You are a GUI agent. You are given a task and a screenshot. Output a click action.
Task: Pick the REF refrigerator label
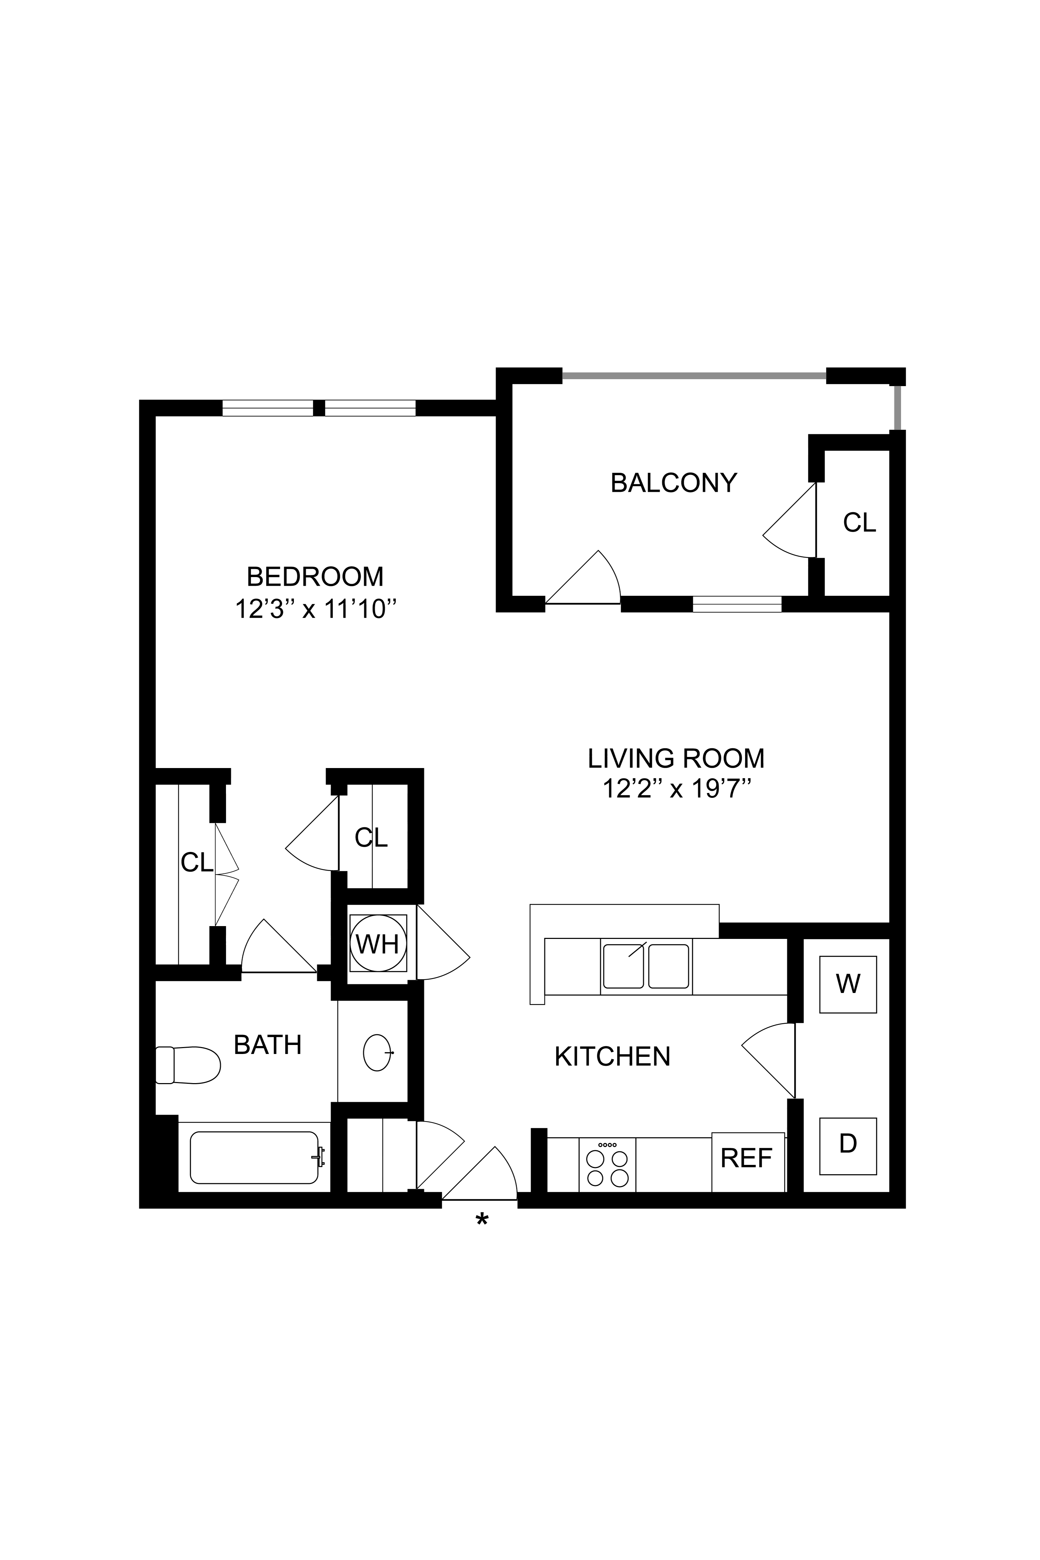[x=747, y=1158]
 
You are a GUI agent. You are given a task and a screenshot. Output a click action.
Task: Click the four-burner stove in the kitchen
[x=608, y=1165]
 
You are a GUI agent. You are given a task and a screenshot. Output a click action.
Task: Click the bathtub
[x=254, y=1157]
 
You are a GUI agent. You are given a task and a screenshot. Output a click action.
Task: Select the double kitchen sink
[x=646, y=966]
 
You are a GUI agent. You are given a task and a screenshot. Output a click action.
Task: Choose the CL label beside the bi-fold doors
[x=197, y=862]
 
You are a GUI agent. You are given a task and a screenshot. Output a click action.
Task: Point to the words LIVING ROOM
[x=676, y=758]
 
